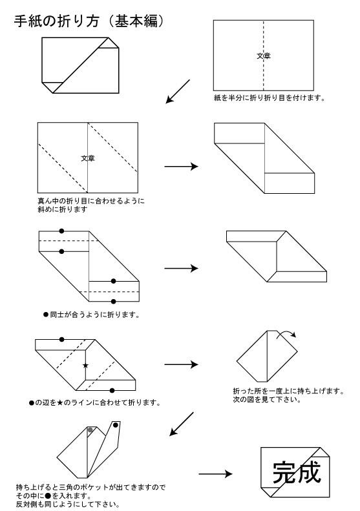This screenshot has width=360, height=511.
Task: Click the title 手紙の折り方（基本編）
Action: (89, 21)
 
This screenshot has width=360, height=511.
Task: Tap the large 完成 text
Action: (297, 472)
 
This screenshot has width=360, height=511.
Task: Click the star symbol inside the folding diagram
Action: (85, 366)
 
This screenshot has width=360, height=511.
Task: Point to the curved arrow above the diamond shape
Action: (287, 333)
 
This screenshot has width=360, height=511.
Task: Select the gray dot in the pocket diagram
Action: (90, 430)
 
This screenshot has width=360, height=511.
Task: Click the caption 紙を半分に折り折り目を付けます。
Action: (270, 98)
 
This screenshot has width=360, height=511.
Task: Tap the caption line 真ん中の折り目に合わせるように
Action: (91, 201)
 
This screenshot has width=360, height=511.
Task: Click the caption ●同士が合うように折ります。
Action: (91, 315)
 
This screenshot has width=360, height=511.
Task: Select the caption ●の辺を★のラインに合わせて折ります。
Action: (95, 403)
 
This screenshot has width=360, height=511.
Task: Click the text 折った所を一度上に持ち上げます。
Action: (289, 391)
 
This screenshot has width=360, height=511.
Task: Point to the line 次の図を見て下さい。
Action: (267, 399)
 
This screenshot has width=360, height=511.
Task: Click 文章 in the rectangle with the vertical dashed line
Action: (264, 56)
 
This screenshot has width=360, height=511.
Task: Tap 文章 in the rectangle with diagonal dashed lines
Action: (88, 158)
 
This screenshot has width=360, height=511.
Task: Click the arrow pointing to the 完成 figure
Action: (215, 474)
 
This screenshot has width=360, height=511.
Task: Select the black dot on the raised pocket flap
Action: (116, 424)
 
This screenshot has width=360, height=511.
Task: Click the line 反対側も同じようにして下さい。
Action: (68, 504)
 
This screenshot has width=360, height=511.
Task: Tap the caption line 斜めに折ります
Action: (63, 209)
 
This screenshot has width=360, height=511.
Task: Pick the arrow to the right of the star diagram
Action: (182, 364)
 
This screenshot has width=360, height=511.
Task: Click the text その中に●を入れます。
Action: (54, 495)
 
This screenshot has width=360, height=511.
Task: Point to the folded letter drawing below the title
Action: (80, 65)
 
